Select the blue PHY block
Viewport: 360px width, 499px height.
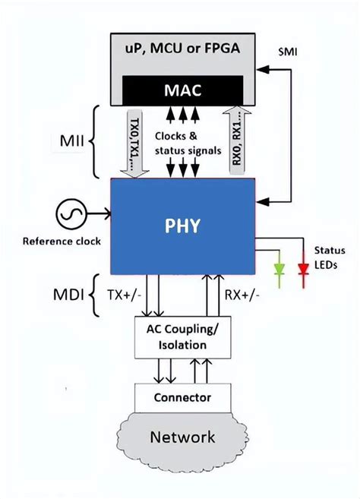pyautogui.click(x=182, y=226)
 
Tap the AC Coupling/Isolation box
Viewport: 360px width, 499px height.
pyautogui.click(x=182, y=337)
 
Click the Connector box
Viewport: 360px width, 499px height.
pyautogui.click(x=182, y=396)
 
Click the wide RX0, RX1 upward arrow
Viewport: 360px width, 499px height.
pyautogui.click(x=238, y=141)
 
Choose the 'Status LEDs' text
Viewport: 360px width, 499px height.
pyautogui.click(x=330, y=257)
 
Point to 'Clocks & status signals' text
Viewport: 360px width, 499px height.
pyautogui.click(x=183, y=144)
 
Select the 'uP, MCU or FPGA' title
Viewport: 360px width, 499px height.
pyautogui.click(x=182, y=49)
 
